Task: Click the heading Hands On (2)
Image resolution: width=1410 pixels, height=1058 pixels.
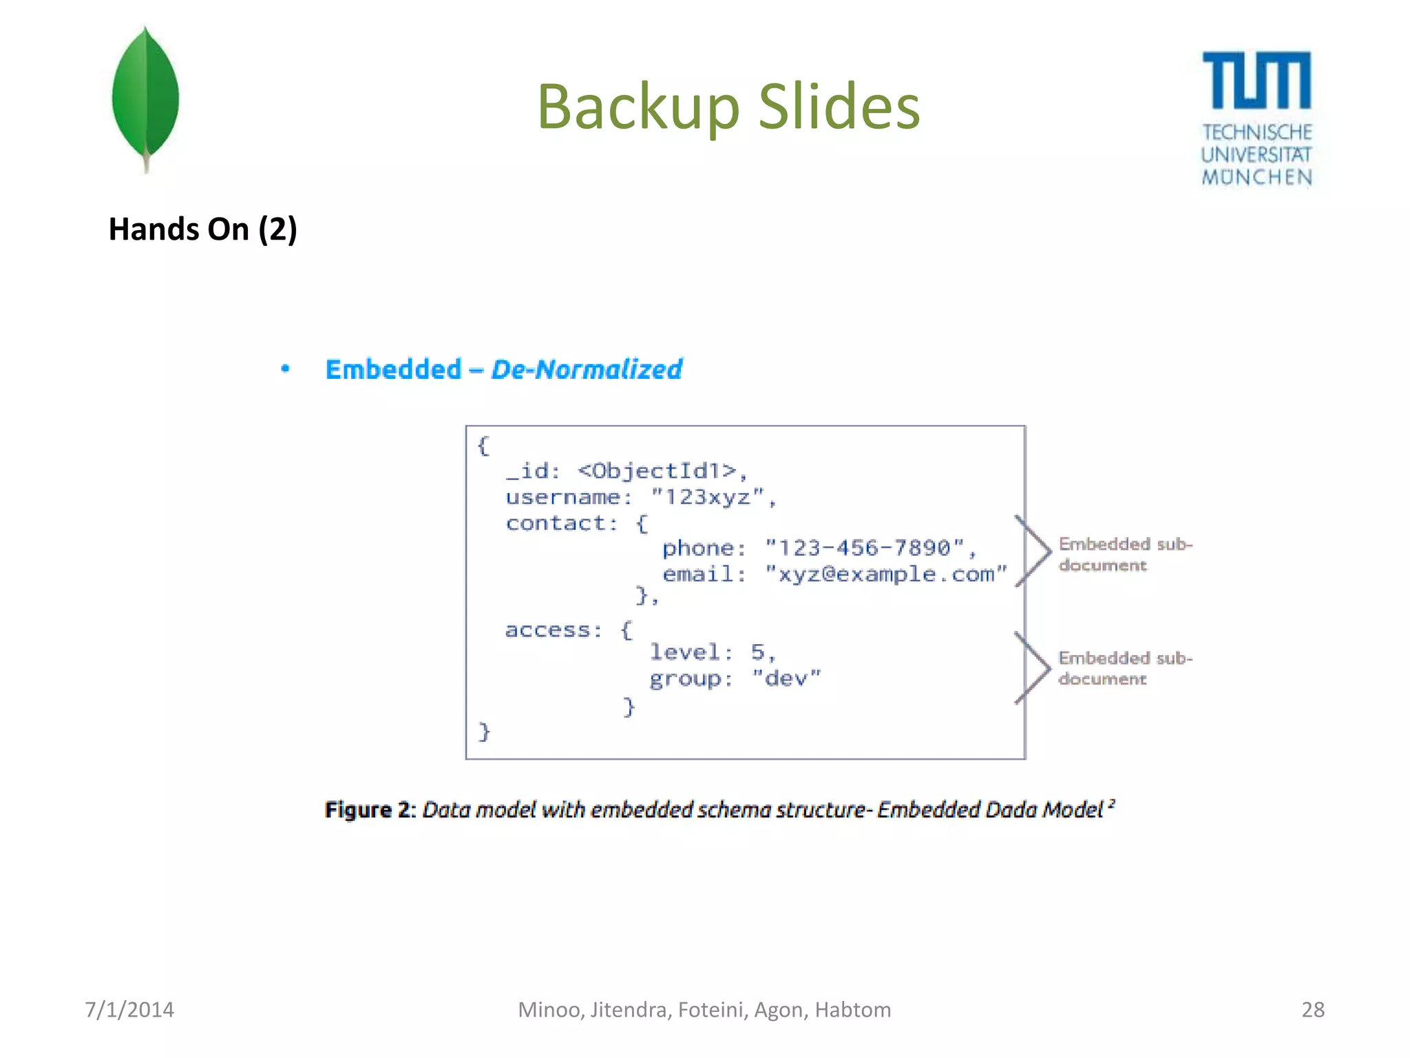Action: [x=202, y=229]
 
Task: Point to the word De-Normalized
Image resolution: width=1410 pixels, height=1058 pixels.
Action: [x=587, y=370]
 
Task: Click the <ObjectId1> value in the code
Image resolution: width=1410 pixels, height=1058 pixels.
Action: [x=657, y=471]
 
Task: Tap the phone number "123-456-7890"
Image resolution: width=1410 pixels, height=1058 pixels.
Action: [x=864, y=548]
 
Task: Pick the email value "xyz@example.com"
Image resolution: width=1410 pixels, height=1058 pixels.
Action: [x=885, y=574]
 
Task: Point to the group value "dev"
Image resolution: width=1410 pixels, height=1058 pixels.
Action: [x=786, y=679]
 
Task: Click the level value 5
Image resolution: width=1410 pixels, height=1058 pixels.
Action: [x=757, y=652]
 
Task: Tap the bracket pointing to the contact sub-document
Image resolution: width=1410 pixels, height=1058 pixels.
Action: [x=1033, y=550]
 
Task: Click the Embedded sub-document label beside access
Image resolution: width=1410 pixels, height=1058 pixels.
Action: [x=1125, y=668]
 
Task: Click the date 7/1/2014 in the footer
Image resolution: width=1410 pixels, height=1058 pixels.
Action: [x=129, y=1010]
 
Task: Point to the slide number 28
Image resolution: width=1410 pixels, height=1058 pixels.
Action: [x=1312, y=1010]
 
